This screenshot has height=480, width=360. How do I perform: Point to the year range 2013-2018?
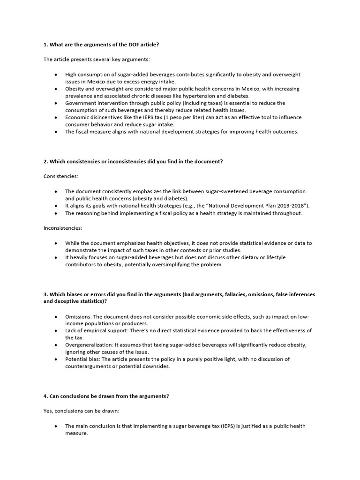pyautogui.click(x=288, y=206)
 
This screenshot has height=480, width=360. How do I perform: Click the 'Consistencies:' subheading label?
pyautogui.click(x=61, y=176)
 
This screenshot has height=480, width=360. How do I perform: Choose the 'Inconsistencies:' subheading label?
pyautogui.click(x=63, y=228)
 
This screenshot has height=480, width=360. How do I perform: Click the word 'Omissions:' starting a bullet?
pyautogui.click(x=78, y=316)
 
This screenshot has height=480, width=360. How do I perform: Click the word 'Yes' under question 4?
pyautogui.click(x=48, y=411)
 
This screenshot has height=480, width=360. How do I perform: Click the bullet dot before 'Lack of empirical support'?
pyautogui.click(x=56, y=330)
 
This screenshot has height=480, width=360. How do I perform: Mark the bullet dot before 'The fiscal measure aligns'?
pyautogui.click(x=56, y=132)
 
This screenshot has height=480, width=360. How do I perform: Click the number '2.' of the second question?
pyautogui.click(x=45, y=161)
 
